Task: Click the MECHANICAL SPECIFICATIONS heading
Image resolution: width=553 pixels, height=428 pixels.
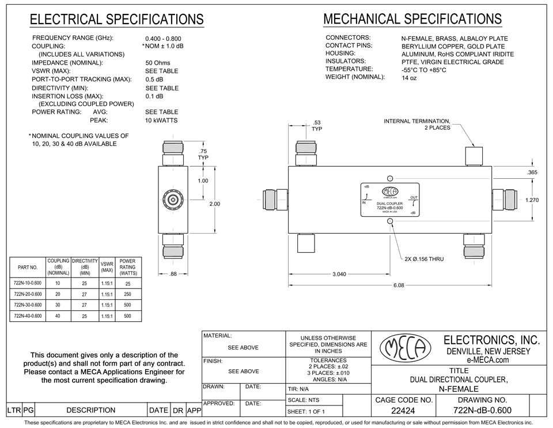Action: tap(412, 19)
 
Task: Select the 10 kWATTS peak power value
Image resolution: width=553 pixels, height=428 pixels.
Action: tap(161, 121)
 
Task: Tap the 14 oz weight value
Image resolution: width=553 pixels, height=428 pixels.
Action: tap(409, 78)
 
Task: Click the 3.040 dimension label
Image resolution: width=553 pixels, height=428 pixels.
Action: tap(339, 274)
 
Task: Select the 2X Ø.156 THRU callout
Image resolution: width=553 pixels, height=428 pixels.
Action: tap(424, 259)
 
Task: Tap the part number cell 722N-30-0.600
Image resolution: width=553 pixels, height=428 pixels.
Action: tap(28, 305)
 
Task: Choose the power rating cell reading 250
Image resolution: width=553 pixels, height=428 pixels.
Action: tap(127, 294)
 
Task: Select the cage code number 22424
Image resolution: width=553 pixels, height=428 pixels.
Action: tap(404, 411)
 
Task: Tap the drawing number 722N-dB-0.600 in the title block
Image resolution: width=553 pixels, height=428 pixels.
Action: tap(482, 411)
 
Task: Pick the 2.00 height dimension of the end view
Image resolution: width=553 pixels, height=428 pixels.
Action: tap(214, 204)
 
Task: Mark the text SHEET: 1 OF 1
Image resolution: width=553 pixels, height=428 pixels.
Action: tap(306, 411)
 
